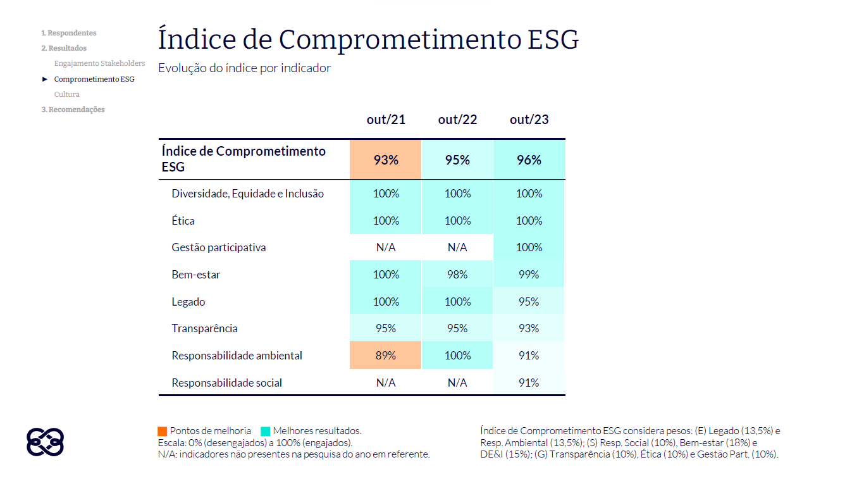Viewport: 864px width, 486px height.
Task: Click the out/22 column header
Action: pyautogui.click(x=457, y=120)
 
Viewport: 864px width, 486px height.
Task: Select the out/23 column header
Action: pyautogui.click(x=529, y=120)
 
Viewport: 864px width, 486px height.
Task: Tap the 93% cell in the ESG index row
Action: pyautogui.click(x=386, y=160)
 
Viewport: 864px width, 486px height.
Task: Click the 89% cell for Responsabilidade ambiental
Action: pyautogui.click(x=386, y=356)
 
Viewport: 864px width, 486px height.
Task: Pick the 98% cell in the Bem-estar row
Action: pyautogui.click(x=457, y=275)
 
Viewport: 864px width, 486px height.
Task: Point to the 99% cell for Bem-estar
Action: pyautogui.click(x=529, y=275)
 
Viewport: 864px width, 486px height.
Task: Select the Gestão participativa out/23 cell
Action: pyautogui.click(x=529, y=247)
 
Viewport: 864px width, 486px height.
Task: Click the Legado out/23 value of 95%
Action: pyautogui.click(x=529, y=302)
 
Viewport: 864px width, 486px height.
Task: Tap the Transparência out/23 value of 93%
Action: pyautogui.click(x=529, y=328)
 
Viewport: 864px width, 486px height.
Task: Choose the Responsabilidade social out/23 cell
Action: pyautogui.click(x=529, y=383)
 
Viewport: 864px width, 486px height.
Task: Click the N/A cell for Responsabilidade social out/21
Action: pyautogui.click(x=386, y=383)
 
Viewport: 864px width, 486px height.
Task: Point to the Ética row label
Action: pyautogui.click(x=183, y=221)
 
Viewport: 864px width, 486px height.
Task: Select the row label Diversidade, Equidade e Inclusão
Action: pyautogui.click(x=247, y=194)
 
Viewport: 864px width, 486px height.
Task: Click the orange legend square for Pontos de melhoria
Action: pyautogui.click(x=163, y=431)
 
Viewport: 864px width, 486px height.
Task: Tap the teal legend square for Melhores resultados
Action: pyautogui.click(x=266, y=431)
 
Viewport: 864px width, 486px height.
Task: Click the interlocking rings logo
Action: pyautogui.click(x=45, y=442)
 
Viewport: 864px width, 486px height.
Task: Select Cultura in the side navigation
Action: pyautogui.click(x=67, y=94)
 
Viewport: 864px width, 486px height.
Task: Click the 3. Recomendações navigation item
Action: pyautogui.click(x=73, y=109)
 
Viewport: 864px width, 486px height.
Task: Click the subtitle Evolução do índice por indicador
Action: pyautogui.click(x=245, y=68)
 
